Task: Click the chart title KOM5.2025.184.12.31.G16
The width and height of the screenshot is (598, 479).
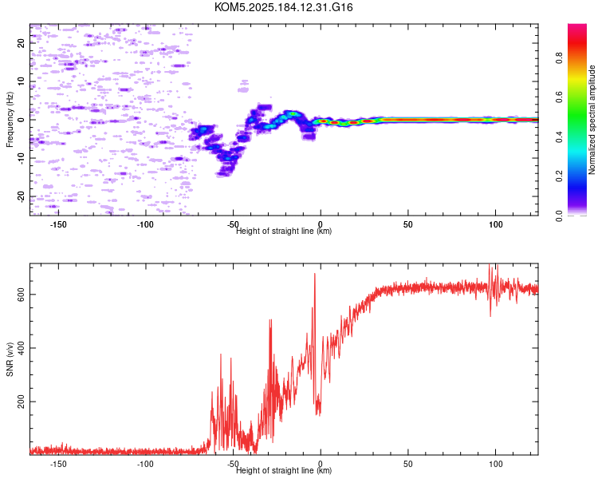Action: coord(283,7)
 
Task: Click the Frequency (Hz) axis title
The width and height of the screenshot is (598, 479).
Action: coord(10,120)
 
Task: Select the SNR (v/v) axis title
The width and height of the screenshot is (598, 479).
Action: coord(10,359)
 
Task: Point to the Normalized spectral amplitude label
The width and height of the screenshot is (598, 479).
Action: coord(592,120)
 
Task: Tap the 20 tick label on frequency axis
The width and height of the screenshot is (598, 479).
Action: coord(21,43)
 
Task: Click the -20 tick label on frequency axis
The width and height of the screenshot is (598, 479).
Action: coord(21,196)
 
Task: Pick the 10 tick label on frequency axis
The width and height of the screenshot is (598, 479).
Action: coord(21,81)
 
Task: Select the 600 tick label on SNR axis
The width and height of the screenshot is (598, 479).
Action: coord(21,294)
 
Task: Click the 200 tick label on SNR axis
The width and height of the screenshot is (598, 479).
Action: coord(21,402)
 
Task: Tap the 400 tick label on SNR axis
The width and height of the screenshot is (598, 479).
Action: coord(21,348)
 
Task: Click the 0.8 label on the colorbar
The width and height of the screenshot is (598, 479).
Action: coord(559,58)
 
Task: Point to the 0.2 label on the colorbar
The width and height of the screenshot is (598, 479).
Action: coord(559,176)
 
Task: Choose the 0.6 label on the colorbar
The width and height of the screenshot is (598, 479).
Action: coord(559,97)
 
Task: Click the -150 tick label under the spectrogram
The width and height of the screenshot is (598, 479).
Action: coord(58,224)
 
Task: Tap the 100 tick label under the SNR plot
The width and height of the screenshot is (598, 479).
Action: coord(495,464)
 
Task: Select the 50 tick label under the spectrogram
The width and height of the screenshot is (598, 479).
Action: coord(408,224)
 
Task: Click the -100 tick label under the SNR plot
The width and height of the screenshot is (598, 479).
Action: coord(145,464)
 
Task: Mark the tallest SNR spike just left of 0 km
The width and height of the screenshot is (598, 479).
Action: coord(315,274)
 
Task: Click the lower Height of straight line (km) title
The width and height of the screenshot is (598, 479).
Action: coord(284,470)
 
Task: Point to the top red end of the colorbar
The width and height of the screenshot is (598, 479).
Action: coord(577,26)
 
